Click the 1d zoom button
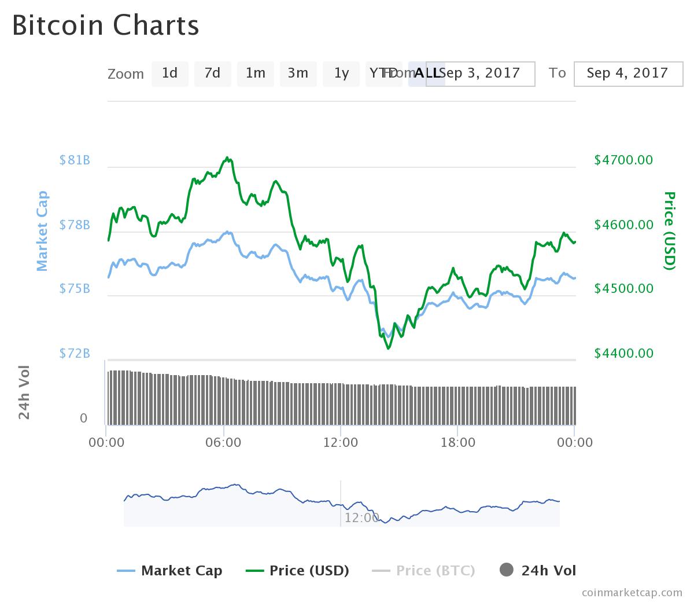(169, 74)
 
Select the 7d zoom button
(212, 74)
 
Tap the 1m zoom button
(255, 74)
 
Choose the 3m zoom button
(298, 74)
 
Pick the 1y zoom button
(341, 74)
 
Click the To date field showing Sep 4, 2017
(627, 74)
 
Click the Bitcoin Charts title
(106, 25)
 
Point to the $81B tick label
(75, 160)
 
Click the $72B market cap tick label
(75, 353)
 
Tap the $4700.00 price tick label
(623, 160)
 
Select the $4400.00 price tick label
(623, 353)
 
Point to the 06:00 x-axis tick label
(223, 443)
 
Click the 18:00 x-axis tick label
(457, 443)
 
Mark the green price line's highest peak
(227, 157)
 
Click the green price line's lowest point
(388, 348)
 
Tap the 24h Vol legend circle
(507, 570)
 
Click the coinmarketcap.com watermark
(632, 592)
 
